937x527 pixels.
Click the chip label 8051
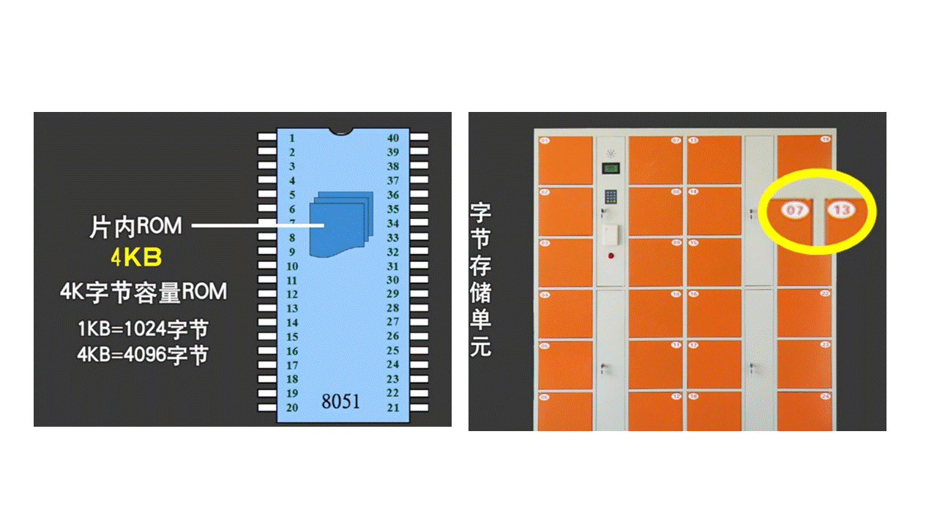(341, 401)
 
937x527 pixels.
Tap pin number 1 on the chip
(292, 138)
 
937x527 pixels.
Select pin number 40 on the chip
(393, 138)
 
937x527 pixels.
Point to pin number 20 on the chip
(292, 408)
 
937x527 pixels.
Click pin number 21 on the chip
(393, 408)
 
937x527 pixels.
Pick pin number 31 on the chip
(393, 266)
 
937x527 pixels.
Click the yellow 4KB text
(135, 258)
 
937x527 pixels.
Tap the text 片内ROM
(135, 226)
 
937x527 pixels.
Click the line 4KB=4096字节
(143, 354)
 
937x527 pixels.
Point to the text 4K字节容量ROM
(143, 291)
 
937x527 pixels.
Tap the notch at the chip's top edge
(341, 132)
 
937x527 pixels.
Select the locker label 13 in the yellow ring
(842, 211)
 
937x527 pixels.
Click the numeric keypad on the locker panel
(611, 198)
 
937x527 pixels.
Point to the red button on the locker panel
(611, 256)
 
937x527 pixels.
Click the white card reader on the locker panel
(611, 234)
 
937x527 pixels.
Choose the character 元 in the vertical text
(480, 346)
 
